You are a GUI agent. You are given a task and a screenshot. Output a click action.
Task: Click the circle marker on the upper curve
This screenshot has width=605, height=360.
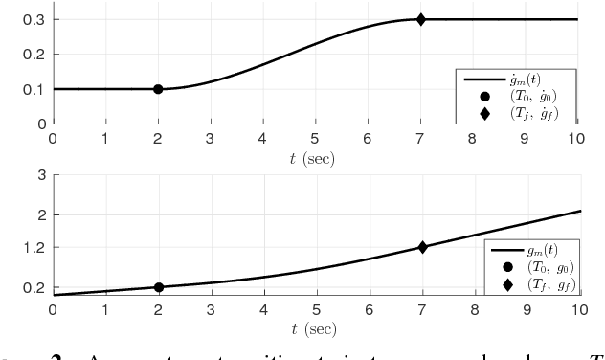[158, 89]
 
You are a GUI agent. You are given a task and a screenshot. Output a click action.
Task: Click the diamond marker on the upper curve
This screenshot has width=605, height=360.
[421, 19]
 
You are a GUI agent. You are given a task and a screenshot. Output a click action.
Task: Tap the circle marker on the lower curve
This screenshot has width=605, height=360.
[158, 287]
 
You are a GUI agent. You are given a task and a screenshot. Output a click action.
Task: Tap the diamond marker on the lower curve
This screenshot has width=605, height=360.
[421, 247]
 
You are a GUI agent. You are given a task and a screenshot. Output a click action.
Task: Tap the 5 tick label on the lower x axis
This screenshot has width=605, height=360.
[316, 310]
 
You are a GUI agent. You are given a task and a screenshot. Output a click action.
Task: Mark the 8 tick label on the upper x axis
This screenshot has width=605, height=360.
[473, 138]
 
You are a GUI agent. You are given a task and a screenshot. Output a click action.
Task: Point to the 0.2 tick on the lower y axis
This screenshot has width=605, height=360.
[36, 287]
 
